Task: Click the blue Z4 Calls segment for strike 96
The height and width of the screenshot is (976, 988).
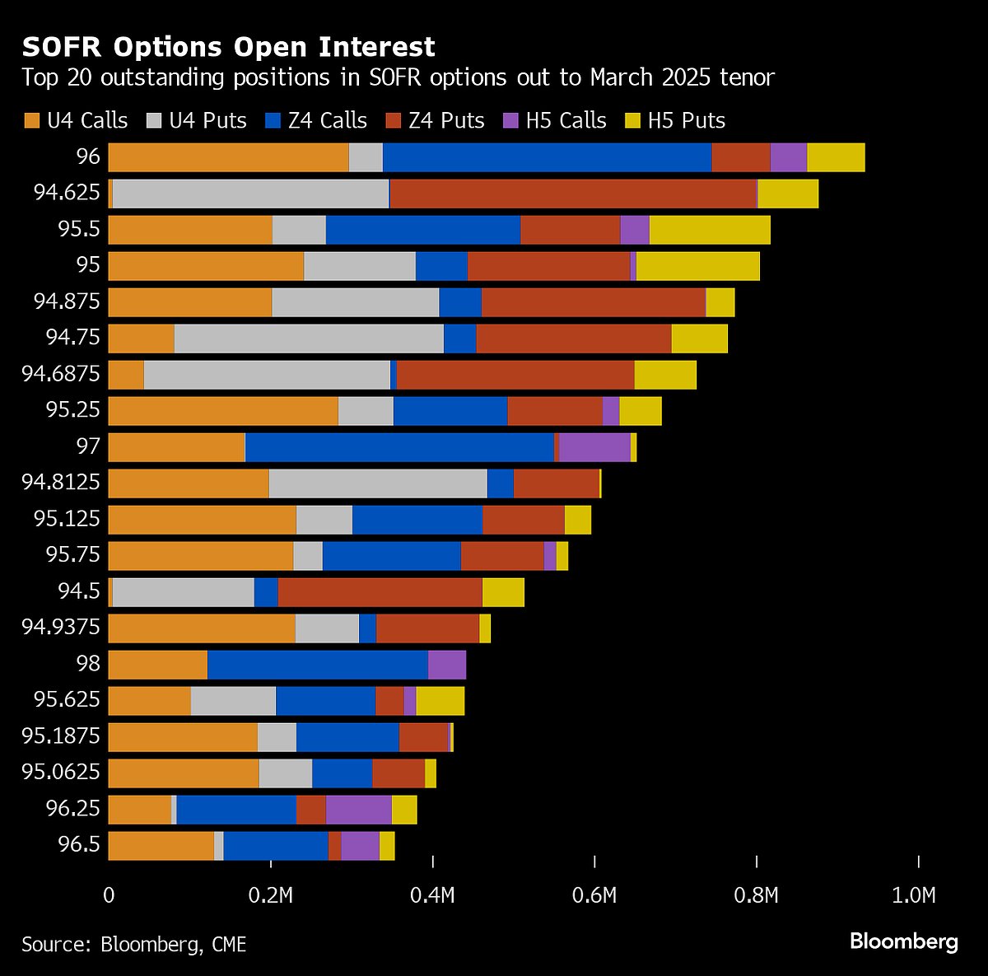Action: click(x=547, y=156)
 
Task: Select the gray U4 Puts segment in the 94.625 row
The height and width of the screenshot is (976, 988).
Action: click(x=250, y=193)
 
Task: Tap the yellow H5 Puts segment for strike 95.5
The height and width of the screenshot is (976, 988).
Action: click(x=710, y=229)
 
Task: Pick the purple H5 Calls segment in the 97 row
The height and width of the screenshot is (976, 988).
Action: click(x=594, y=446)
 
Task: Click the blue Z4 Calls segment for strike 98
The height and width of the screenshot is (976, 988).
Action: click(x=318, y=664)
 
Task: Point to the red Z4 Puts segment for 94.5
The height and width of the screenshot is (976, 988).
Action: click(x=380, y=591)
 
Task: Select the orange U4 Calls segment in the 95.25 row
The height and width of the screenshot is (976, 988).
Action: click(x=223, y=410)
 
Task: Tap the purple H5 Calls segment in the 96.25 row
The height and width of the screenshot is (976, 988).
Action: click(x=358, y=809)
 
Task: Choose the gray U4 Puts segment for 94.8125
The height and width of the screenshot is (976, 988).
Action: click(x=378, y=483)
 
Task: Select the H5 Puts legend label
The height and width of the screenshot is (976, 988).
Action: click(x=686, y=121)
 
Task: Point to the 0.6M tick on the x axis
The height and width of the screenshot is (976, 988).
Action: click(x=594, y=895)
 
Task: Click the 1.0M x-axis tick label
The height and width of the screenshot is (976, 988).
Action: click(x=914, y=895)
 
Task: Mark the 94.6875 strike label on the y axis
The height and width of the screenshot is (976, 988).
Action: click(x=61, y=374)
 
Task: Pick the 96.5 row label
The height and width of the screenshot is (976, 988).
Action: click(x=78, y=845)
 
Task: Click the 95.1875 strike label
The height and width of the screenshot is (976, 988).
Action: click(x=61, y=736)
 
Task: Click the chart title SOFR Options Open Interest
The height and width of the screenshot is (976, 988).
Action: click(x=229, y=47)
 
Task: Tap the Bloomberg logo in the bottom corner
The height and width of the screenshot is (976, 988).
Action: click(x=903, y=941)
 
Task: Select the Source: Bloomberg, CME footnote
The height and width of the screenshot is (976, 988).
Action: click(x=134, y=944)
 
